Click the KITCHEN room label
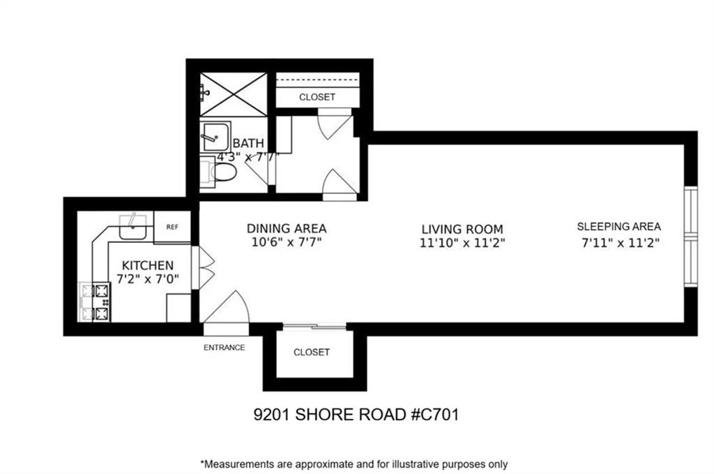[x=148, y=265]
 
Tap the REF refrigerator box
[x=172, y=226]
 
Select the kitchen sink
[x=132, y=227]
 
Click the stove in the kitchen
[x=95, y=302]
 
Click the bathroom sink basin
[x=215, y=136]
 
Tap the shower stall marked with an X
[x=234, y=94]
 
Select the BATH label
[x=248, y=143]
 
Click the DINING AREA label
[x=287, y=228]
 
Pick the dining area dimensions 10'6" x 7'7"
[x=287, y=242]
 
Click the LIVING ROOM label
[x=462, y=229]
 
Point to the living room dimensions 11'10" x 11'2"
[x=462, y=243]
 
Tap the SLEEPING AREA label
[x=619, y=226]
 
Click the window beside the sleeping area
[x=691, y=237]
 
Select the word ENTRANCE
[x=224, y=347]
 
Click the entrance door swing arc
[x=241, y=300]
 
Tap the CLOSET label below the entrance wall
[x=312, y=353]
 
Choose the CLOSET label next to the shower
[x=317, y=97]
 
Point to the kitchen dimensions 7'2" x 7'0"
[x=148, y=279]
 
